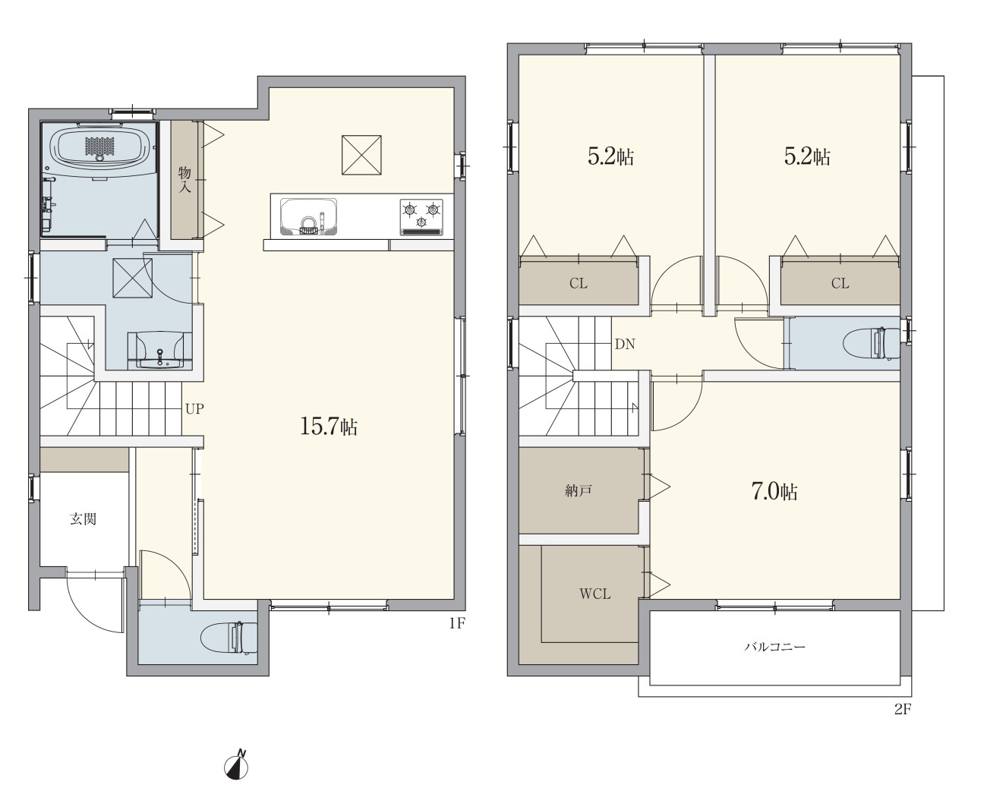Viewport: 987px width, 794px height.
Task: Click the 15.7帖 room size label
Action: (x=329, y=427)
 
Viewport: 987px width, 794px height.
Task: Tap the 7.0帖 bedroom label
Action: (x=774, y=492)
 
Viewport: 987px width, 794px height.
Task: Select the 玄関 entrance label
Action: (x=83, y=519)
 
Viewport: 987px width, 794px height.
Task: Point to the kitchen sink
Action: (x=308, y=216)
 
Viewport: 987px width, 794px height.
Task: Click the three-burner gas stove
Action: (x=421, y=217)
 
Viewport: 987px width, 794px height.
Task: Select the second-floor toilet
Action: (x=870, y=343)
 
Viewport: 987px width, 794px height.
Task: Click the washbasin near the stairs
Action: (x=160, y=351)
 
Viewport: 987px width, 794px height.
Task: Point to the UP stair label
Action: (x=194, y=408)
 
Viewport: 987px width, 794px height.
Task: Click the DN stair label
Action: (x=625, y=344)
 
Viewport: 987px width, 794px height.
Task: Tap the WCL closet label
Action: (x=595, y=594)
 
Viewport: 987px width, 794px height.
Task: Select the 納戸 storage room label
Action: (x=579, y=491)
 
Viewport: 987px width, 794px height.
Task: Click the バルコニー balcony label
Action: (x=774, y=647)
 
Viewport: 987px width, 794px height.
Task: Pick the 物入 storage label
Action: (x=184, y=180)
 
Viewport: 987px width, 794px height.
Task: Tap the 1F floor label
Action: (x=457, y=623)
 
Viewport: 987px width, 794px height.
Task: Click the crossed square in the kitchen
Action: (x=361, y=155)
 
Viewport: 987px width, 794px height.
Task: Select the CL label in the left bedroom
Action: (x=579, y=283)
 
